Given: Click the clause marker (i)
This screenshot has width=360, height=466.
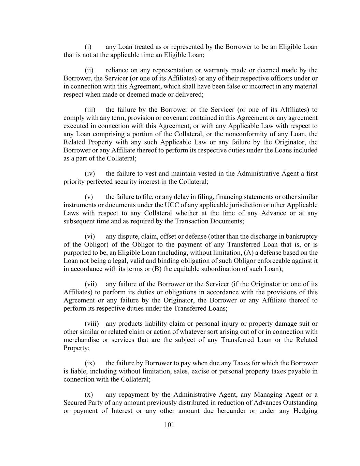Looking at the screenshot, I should pos(88,47).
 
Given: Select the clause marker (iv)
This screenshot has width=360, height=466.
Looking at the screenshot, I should pos(89,174).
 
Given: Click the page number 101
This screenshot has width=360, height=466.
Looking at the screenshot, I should pos(169,425).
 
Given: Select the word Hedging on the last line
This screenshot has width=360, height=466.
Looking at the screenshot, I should pos(305,411).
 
